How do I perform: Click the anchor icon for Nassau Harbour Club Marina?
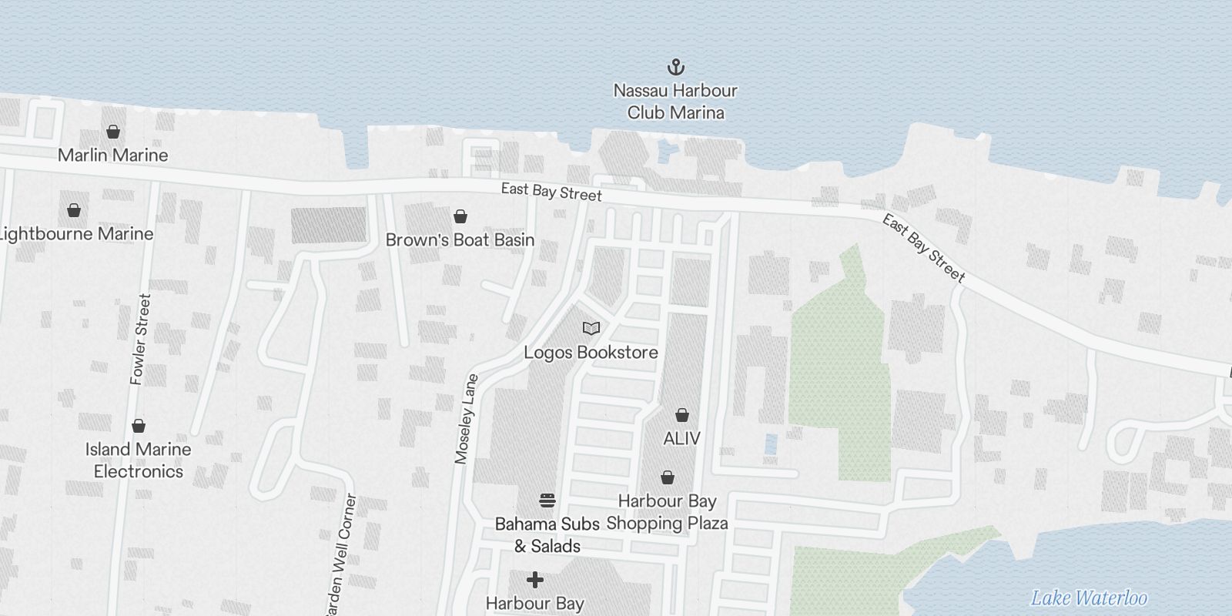pos(675,67)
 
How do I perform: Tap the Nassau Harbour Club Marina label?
pos(675,102)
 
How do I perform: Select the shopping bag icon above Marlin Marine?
pos(113,132)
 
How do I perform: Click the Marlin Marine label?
pos(113,155)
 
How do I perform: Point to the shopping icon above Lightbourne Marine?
pos(74,210)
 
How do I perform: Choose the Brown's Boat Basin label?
pos(460,240)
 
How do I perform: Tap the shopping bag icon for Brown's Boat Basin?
pos(460,216)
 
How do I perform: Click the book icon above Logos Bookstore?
pos(591,329)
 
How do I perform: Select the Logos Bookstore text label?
pos(591,353)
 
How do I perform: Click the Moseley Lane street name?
pos(467,419)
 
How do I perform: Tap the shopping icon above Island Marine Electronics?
pos(139,426)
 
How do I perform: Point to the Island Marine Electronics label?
pos(139,460)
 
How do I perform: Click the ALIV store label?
pos(681,439)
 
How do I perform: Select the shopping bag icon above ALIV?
pos(681,416)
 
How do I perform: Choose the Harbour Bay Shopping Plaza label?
pos(668,512)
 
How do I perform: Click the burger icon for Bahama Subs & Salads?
pos(547,501)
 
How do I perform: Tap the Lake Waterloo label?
pos(1089,598)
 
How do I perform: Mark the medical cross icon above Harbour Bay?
pos(535,579)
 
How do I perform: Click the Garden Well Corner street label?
pos(341,554)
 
